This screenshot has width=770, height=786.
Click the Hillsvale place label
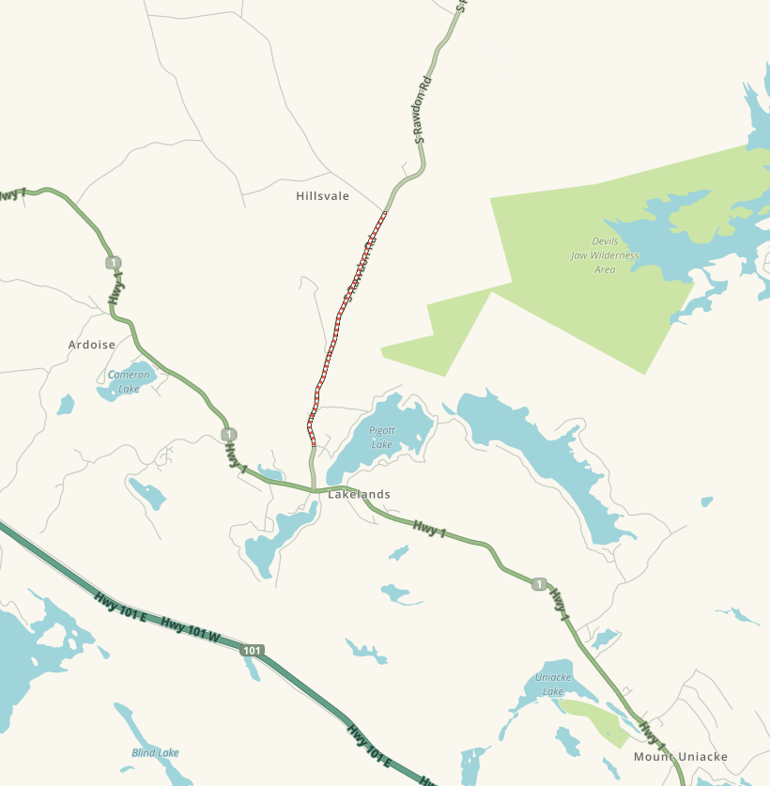pyautogui.click(x=322, y=196)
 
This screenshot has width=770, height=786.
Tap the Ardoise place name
pyautogui.click(x=92, y=345)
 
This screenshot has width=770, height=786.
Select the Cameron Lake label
pyautogui.click(x=129, y=381)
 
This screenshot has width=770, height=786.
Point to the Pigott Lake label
pyautogui.click(x=382, y=438)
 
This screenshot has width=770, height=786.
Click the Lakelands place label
pyautogui.click(x=359, y=494)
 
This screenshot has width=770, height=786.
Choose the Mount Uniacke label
pyautogui.click(x=680, y=757)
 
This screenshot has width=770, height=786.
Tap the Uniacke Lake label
pyautogui.click(x=552, y=684)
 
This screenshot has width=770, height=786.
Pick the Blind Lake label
pyautogui.click(x=155, y=752)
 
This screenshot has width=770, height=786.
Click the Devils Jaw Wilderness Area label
pyautogui.click(x=605, y=255)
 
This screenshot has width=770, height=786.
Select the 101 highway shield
pyautogui.click(x=251, y=650)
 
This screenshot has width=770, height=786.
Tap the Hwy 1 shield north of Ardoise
pyautogui.click(x=114, y=262)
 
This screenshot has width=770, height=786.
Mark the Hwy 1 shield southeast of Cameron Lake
pyautogui.click(x=229, y=434)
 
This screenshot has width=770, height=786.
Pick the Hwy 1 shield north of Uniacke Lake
pyautogui.click(x=538, y=584)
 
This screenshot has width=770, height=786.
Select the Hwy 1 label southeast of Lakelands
pyautogui.click(x=429, y=530)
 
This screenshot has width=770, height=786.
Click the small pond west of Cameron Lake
pyautogui.click(x=65, y=405)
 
